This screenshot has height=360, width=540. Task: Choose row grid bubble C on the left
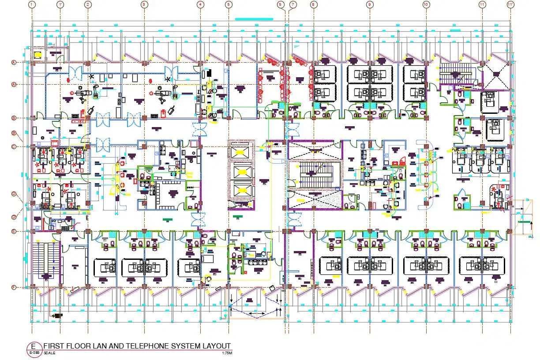(x=14, y=146)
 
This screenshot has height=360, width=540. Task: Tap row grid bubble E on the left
(x=14, y=231)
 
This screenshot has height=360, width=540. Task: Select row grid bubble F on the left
(x=14, y=288)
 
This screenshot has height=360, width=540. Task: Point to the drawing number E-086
(x=34, y=352)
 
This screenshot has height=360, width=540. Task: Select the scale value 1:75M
(x=227, y=353)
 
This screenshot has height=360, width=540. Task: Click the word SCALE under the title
(x=47, y=353)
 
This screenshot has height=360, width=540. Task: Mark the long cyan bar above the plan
(x=254, y=19)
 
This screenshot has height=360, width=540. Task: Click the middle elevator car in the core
(x=241, y=171)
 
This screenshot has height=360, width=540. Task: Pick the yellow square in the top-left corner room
(x=37, y=55)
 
